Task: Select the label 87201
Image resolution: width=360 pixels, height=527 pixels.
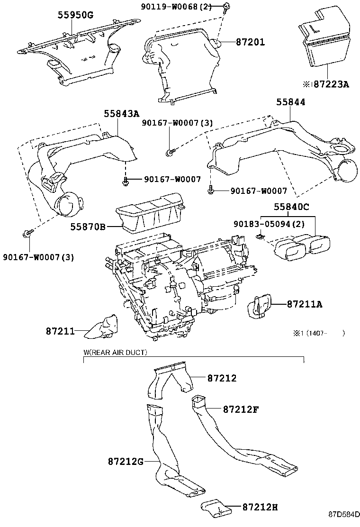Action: tap(250, 42)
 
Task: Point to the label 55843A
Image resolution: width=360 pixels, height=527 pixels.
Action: tap(122, 113)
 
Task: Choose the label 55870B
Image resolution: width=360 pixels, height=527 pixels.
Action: tap(88, 227)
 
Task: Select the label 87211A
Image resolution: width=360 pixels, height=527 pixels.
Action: tap(304, 304)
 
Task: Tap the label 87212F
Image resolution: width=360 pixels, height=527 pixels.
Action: tap(240, 409)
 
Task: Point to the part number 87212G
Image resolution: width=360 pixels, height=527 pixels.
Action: tap(126, 461)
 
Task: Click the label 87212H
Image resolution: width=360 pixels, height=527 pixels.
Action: tap(260, 507)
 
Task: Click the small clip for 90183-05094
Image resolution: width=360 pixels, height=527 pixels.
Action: tap(260, 235)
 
